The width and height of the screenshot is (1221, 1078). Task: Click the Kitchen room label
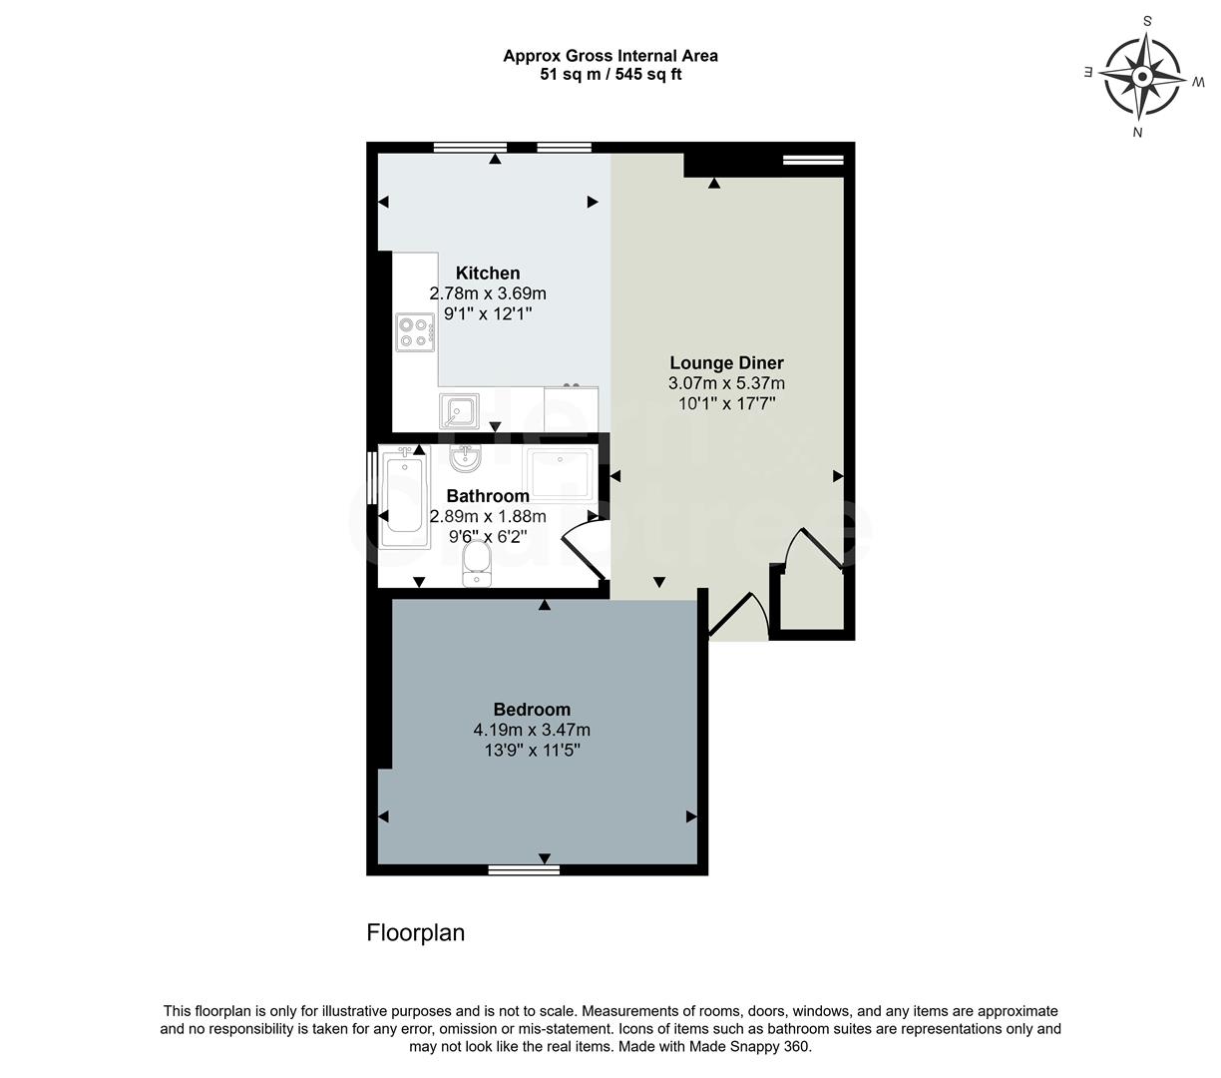[x=488, y=273]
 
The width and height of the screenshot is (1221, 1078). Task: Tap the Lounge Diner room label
[x=726, y=363]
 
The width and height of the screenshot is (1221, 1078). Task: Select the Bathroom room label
[x=488, y=496]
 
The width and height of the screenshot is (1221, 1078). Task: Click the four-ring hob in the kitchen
[x=415, y=332]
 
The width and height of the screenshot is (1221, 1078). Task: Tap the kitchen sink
[x=459, y=410]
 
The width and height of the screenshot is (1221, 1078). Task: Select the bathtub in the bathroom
[x=404, y=492]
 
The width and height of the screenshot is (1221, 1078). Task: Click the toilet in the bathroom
[x=477, y=564]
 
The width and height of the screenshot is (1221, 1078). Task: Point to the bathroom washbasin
[x=466, y=458]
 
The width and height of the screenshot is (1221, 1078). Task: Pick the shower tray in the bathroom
[x=560, y=473]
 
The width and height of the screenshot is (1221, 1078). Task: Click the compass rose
[x=1143, y=76]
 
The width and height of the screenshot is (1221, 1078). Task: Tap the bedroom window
[x=524, y=869]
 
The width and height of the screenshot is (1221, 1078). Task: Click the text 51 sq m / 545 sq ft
[x=610, y=74]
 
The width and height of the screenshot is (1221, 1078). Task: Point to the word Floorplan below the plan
[x=416, y=933]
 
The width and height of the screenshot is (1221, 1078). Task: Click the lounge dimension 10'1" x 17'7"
[x=726, y=403]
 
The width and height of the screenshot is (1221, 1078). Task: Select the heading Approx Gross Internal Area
[x=610, y=56]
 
